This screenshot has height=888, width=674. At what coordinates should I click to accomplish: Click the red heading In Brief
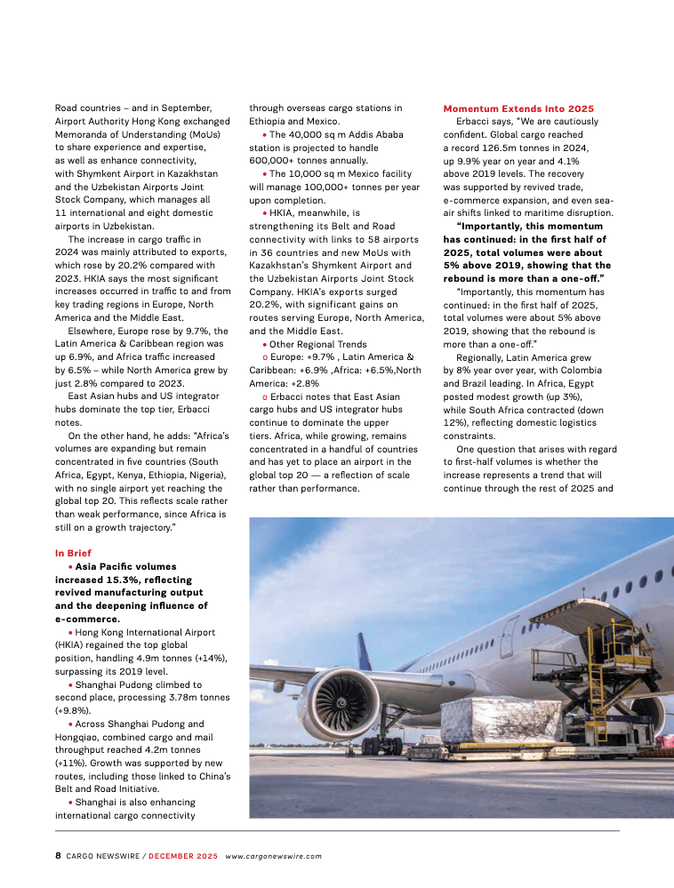click(x=73, y=553)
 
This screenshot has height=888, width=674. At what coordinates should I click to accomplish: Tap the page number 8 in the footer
click(x=58, y=856)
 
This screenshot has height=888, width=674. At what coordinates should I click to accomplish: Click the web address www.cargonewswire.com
click(x=273, y=856)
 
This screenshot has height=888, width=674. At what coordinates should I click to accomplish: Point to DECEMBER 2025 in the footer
click(x=182, y=856)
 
